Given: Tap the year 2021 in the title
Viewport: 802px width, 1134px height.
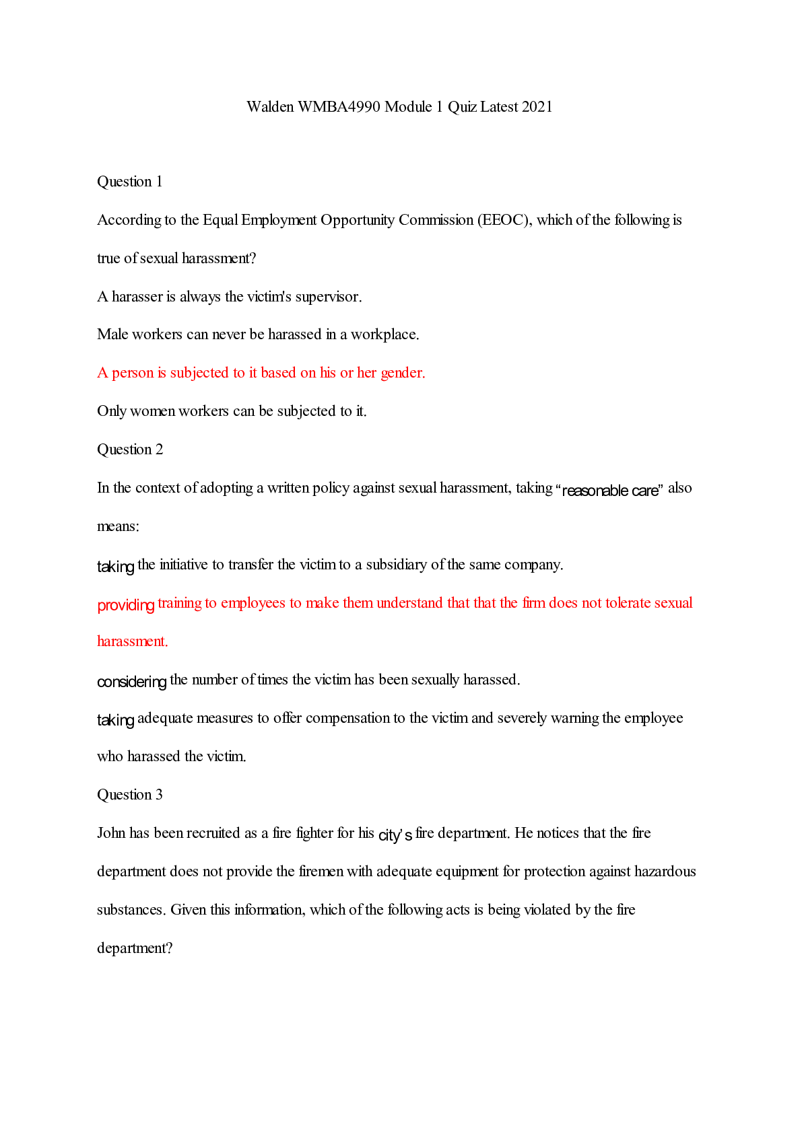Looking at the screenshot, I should point(537,107).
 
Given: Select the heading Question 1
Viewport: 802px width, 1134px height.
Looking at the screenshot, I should point(130,182).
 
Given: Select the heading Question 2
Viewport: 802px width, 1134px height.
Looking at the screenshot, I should point(130,450).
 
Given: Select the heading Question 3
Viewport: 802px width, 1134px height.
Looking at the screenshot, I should point(130,795).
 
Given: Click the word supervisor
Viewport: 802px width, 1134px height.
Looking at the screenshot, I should point(328,297).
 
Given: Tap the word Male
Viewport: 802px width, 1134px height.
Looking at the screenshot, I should point(112,334).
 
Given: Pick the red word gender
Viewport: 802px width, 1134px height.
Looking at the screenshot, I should point(403,373).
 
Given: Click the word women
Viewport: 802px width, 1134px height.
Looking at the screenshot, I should point(152,411).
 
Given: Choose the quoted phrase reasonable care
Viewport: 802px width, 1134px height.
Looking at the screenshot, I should point(610,491).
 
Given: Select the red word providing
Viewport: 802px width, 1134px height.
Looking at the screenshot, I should point(126,605).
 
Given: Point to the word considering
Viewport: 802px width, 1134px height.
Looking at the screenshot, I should point(131,682).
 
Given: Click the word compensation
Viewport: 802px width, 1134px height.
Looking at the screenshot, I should point(347,718).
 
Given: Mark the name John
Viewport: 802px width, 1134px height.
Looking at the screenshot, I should point(111,833).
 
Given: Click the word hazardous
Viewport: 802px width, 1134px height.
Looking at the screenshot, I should point(665,872).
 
